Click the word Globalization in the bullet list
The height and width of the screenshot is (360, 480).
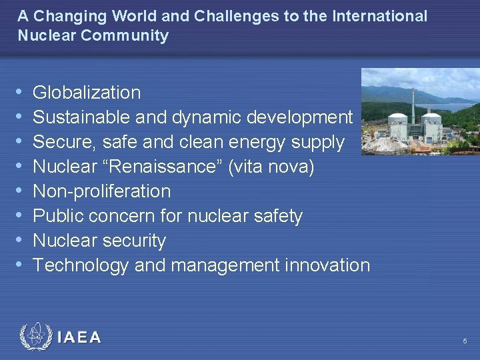coord(87,93)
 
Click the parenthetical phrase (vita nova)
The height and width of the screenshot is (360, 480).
coord(271,167)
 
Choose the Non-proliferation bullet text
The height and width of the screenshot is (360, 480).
coord(101,191)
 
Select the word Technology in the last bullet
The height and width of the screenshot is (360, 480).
coord(81,265)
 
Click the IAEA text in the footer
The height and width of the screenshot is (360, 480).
coord(79,338)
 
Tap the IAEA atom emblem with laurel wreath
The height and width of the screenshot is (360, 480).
coord(35,337)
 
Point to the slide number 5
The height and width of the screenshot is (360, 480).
coord(465,341)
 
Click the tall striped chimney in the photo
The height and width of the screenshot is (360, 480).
coord(413,107)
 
